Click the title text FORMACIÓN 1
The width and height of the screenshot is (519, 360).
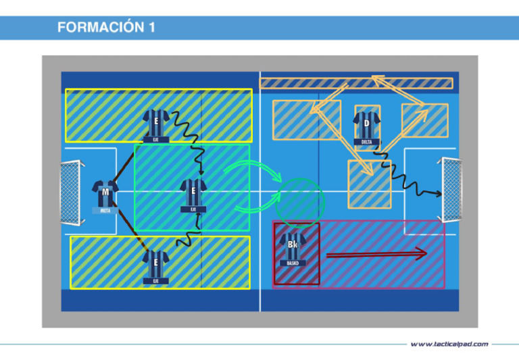point(106,28)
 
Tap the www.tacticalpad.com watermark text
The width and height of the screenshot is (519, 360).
point(449,344)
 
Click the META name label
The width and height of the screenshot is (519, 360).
point(105,210)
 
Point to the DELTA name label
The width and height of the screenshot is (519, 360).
point(366,142)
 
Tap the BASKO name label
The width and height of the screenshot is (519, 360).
point(293,263)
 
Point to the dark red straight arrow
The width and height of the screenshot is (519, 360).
point(376,254)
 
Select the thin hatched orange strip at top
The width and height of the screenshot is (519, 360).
point(356,83)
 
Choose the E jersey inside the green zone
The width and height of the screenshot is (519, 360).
point(193,192)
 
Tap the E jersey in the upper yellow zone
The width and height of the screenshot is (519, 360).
point(156,123)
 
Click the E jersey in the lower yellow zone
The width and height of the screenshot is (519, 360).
point(155,263)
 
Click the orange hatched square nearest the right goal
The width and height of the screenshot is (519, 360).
point(424,120)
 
